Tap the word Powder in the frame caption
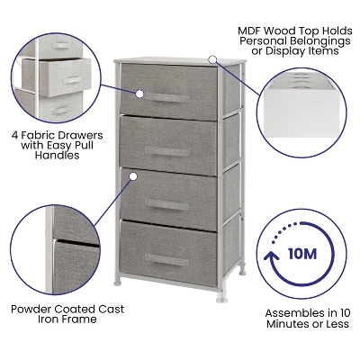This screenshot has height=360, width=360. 31,309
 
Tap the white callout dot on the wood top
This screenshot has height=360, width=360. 212,59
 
